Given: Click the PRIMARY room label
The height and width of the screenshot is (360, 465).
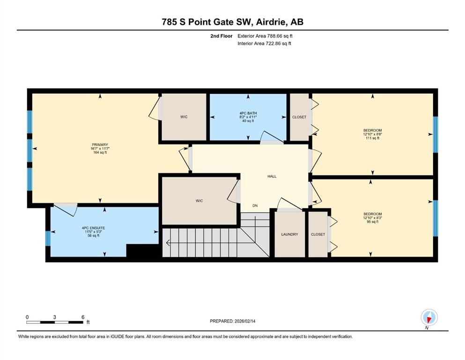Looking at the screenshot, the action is (100, 145).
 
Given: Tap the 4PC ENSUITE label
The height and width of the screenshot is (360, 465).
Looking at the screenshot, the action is (93, 228).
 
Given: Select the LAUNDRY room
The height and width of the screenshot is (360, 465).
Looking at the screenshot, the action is (290, 234).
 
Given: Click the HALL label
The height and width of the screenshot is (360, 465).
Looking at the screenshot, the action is (272, 176).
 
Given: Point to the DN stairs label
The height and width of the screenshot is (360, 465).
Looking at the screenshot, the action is (255, 205).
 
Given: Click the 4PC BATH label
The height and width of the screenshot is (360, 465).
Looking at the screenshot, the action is (248, 113).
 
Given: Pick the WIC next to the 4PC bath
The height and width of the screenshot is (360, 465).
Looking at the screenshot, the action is (184, 117).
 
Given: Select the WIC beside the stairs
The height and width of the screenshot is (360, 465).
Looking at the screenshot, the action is (199, 201).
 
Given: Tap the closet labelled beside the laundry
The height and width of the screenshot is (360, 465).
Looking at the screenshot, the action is (318, 234).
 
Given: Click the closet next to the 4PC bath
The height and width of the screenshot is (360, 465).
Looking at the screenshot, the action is (299, 117).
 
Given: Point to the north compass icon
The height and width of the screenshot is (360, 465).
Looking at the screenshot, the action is (429, 317).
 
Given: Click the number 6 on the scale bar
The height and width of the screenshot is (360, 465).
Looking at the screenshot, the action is (83, 317).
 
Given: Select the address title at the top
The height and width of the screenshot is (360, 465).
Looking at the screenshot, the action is (232, 22).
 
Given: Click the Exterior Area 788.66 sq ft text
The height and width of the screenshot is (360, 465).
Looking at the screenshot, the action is (265, 36).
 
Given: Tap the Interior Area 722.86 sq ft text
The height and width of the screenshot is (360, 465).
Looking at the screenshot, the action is (264, 43).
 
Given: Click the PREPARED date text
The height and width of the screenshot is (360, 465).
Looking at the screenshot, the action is (232, 321).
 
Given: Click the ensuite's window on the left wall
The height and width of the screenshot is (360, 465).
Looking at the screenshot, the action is (48, 239).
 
